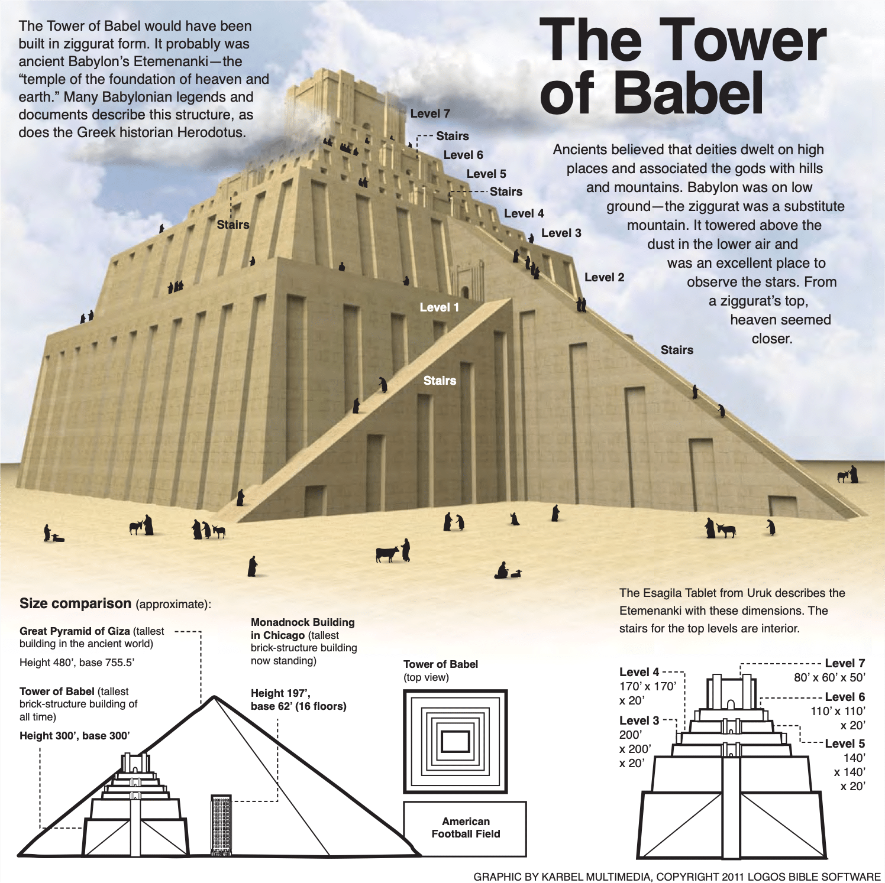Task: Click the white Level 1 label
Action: [439, 307]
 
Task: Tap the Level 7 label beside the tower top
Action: [430, 113]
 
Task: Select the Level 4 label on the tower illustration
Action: [524, 213]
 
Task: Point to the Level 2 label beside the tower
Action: [604, 277]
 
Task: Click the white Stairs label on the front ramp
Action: [440, 381]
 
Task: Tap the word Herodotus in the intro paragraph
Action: [211, 132]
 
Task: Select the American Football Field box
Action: [465, 828]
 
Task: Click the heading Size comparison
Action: [75, 603]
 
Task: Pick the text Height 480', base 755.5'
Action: [77, 663]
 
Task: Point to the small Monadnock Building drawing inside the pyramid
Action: [221, 824]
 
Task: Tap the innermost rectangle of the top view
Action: [455, 741]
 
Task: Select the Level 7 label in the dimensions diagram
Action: [844, 663]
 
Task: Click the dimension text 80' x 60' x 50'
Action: [829, 677]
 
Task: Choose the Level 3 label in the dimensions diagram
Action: [639, 720]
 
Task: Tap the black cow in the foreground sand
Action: [387, 554]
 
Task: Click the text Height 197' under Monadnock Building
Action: [280, 693]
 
